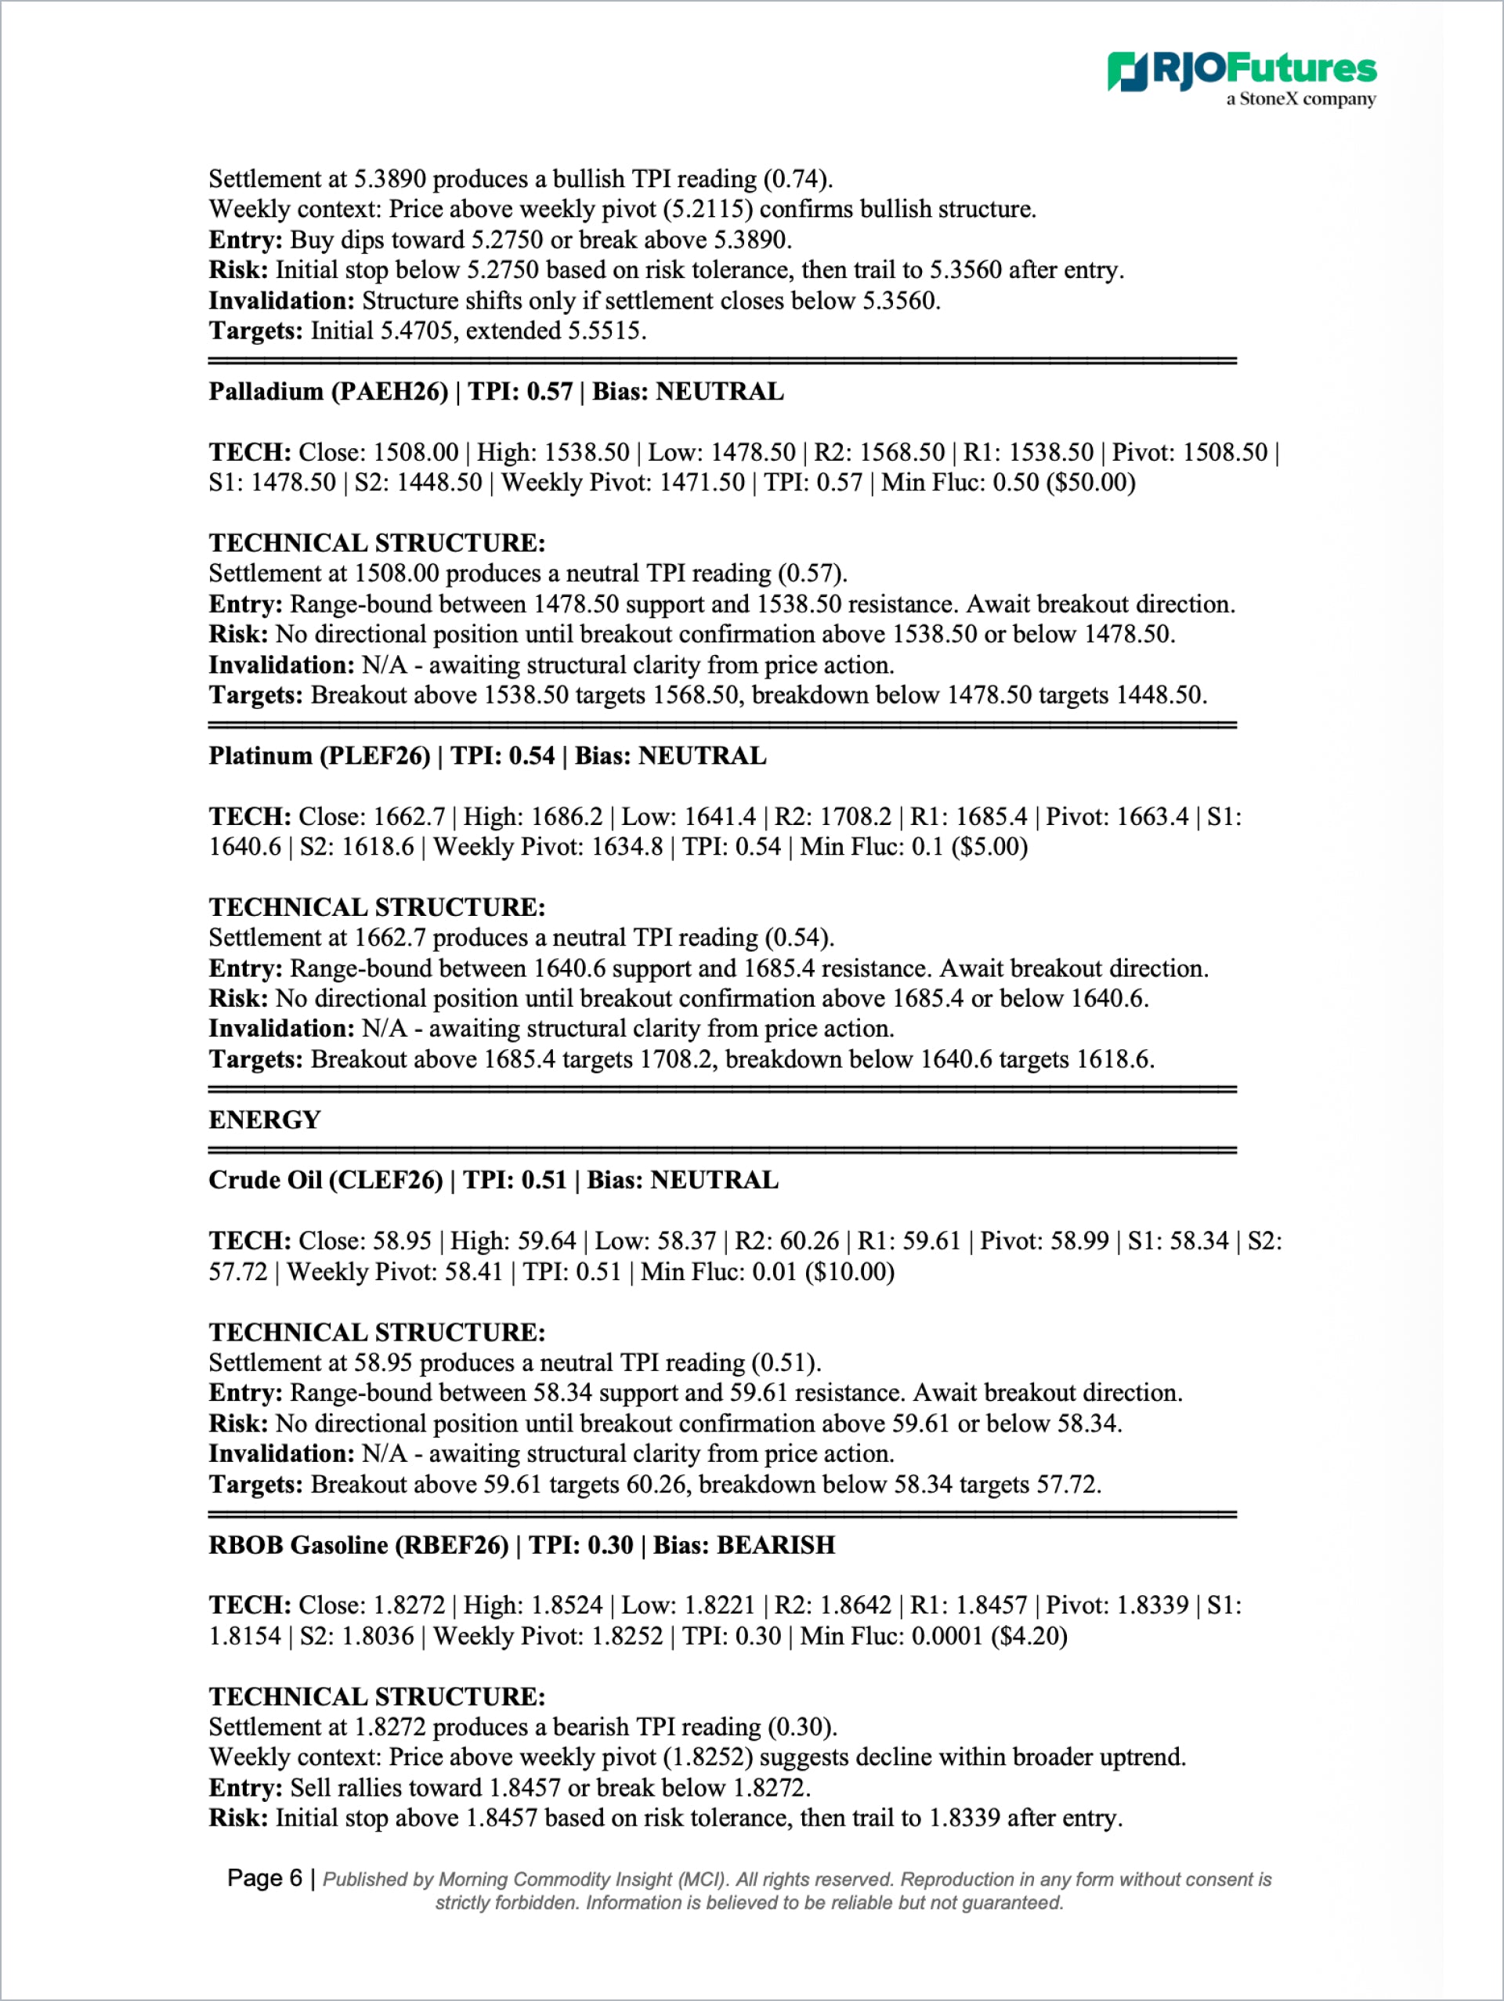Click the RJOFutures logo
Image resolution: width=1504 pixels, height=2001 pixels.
coord(1241,70)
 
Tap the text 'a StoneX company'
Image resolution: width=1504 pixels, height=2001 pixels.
coord(1300,100)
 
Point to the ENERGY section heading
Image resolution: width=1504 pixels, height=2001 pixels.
coord(264,1120)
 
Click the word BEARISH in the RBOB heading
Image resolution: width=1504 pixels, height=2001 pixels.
coord(776,1544)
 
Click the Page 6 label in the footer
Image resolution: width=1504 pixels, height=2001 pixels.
coord(264,1879)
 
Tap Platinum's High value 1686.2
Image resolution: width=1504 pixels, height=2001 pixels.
coord(566,817)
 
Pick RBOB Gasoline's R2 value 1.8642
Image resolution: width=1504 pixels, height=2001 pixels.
coord(855,1605)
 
